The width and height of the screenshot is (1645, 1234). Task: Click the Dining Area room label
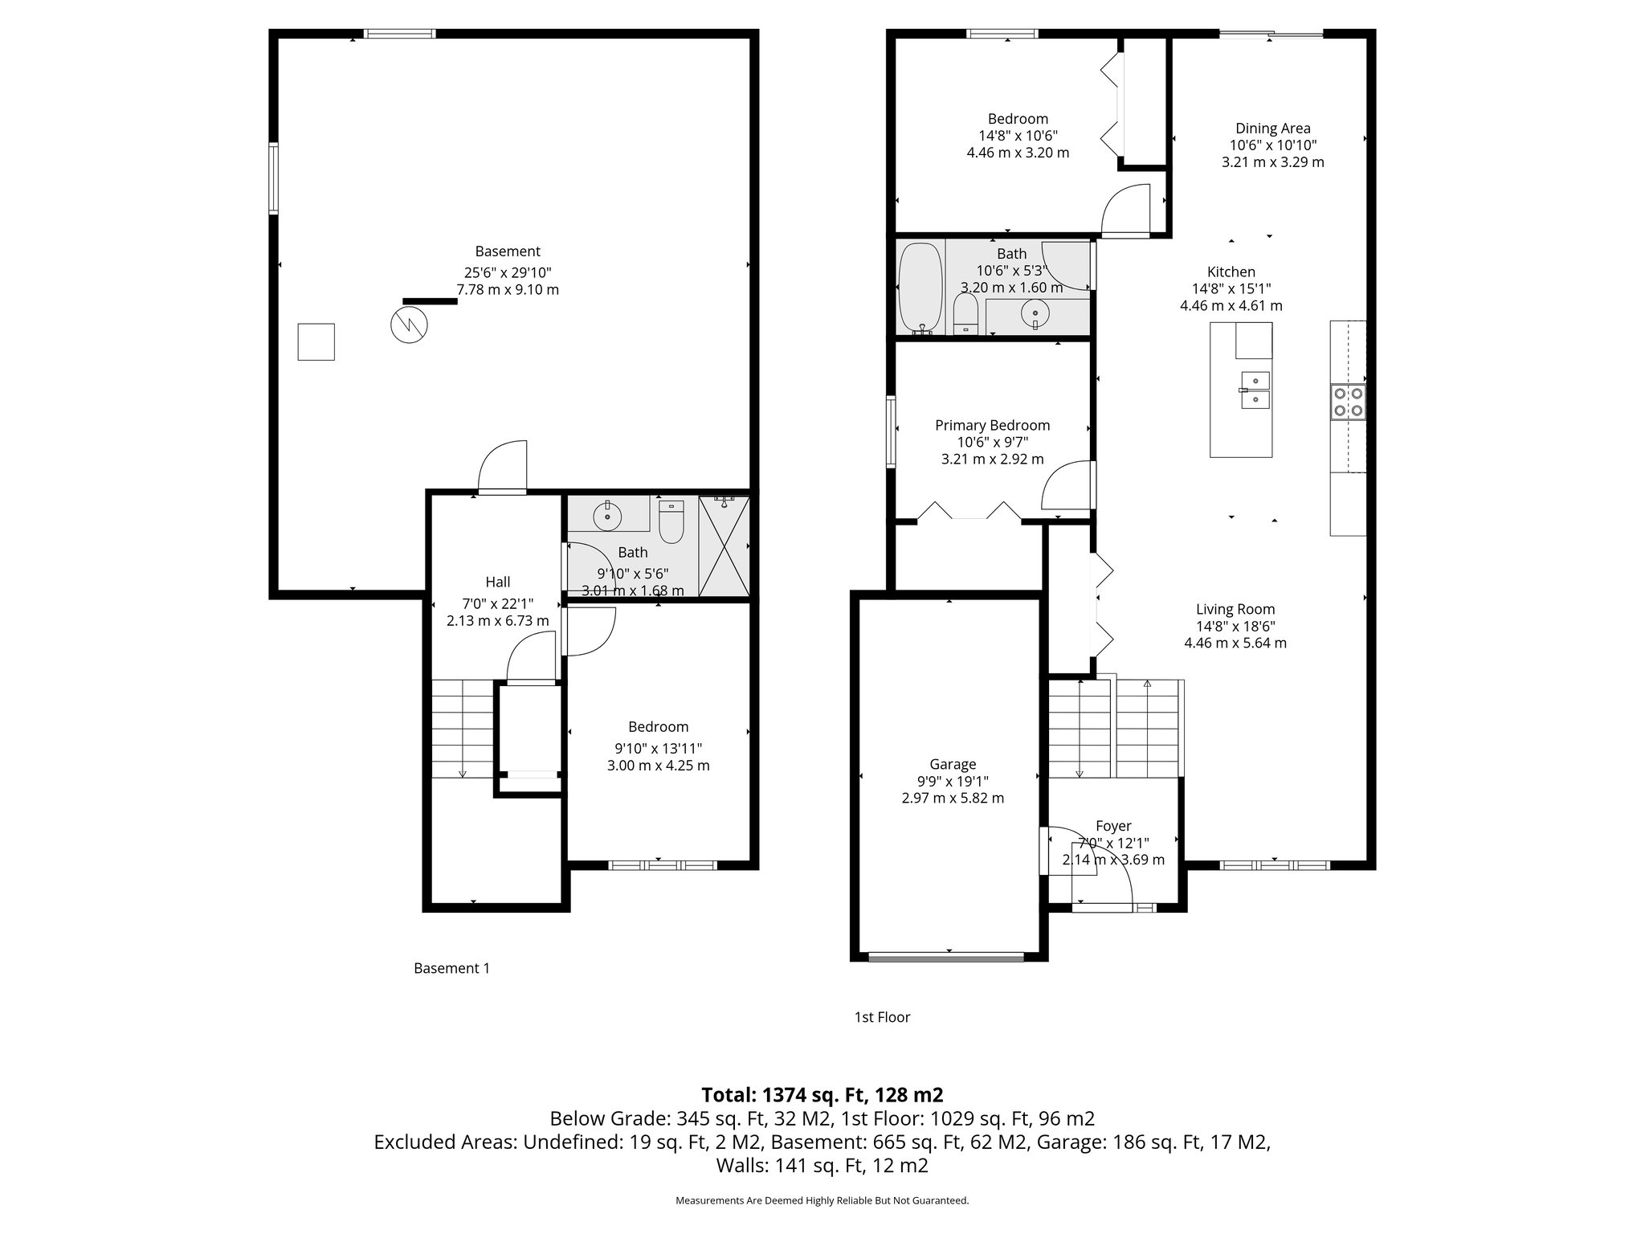click(1272, 129)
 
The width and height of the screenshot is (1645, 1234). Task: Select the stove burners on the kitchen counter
click(1348, 402)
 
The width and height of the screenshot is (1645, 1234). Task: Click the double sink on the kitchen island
click(1255, 390)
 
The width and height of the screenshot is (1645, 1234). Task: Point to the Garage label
click(953, 764)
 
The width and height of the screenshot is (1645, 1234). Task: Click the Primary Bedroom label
click(992, 425)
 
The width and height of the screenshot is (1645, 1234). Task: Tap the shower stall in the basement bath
click(724, 546)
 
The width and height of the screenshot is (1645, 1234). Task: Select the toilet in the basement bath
click(671, 521)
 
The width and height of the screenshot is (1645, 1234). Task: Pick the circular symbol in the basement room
click(409, 325)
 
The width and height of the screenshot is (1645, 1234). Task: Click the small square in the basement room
click(316, 341)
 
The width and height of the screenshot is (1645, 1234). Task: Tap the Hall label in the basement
click(497, 582)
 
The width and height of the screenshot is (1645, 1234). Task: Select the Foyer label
click(1113, 826)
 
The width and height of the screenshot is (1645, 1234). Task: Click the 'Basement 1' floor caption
click(451, 968)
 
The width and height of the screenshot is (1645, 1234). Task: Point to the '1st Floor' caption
click(882, 1017)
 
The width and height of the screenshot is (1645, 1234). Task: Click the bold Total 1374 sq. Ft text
click(822, 1094)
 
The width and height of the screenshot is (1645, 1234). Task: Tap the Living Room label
click(1235, 609)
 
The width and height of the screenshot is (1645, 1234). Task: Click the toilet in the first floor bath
click(965, 313)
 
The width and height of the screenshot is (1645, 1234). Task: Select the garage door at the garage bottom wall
click(947, 956)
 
